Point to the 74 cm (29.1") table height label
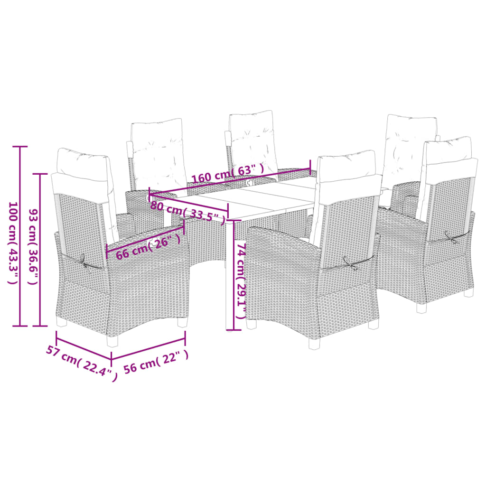tap(241, 281)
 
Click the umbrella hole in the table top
tap(250, 181)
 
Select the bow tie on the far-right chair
tap(451, 236)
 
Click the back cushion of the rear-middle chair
tap(252, 140)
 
